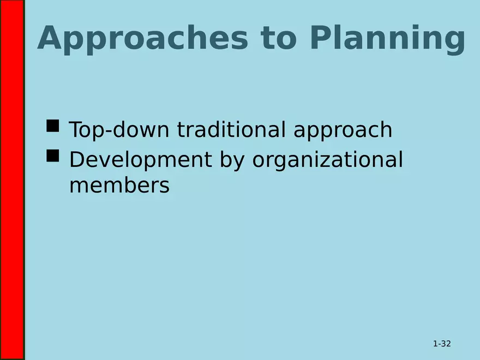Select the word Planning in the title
coord(387,39)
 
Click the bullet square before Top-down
coord(53,127)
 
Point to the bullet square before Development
coord(53,157)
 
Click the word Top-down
coord(119,130)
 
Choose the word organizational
coord(328,161)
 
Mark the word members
coord(119,186)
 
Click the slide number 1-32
coord(442,344)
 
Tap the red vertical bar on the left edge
coord(12,180)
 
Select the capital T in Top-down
coord(75,130)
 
